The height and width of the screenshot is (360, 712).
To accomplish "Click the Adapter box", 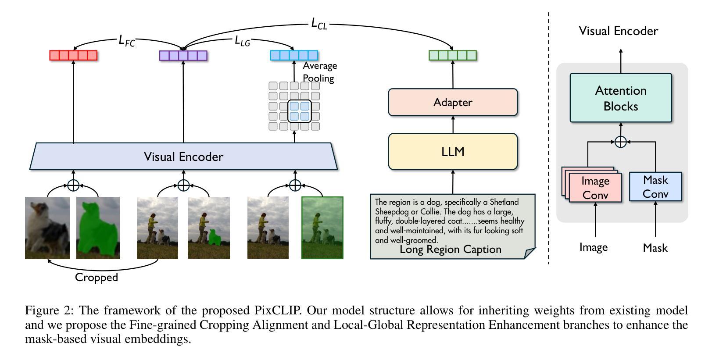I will pyautogui.click(x=453, y=102).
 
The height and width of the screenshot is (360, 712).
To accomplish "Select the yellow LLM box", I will pyautogui.click(x=453, y=152).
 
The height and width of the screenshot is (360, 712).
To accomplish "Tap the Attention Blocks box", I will pyautogui.click(x=620, y=98).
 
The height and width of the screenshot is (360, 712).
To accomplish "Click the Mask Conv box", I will pyautogui.click(x=655, y=187).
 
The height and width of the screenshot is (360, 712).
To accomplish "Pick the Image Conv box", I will pyautogui.click(x=595, y=188).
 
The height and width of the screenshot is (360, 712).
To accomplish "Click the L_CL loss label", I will pyautogui.click(x=319, y=23).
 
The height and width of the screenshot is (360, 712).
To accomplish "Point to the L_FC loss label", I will pyautogui.click(x=127, y=41).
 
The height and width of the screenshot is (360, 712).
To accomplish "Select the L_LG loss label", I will pyautogui.click(x=242, y=41).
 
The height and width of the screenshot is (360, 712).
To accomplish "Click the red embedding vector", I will pyautogui.click(x=73, y=55).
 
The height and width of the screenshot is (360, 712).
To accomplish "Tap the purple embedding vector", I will pyautogui.click(x=183, y=56).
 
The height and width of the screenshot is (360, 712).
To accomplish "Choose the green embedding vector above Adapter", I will pyautogui.click(x=452, y=56).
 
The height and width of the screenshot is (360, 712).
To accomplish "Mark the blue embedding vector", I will pyautogui.click(x=294, y=55).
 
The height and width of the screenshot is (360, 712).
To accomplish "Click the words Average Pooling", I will pyautogui.click(x=319, y=72).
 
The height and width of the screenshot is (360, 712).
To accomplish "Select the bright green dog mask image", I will pyautogui.click(x=98, y=228).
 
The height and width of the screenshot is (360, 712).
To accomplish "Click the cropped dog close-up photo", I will pyautogui.click(x=47, y=228).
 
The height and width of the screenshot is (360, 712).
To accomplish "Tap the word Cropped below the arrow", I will pyautogui.click(x=97, y=278).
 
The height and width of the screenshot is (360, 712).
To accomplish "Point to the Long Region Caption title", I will pyautogui.click(x=450, y=250).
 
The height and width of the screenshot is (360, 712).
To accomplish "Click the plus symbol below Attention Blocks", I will pyautogui.click(x=620, y=142).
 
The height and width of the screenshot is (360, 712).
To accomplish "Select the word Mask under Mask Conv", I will pyautogui.click(x=655, y=248).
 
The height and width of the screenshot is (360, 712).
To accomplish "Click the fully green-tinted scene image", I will pyautogui.click(x=322, y=228).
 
